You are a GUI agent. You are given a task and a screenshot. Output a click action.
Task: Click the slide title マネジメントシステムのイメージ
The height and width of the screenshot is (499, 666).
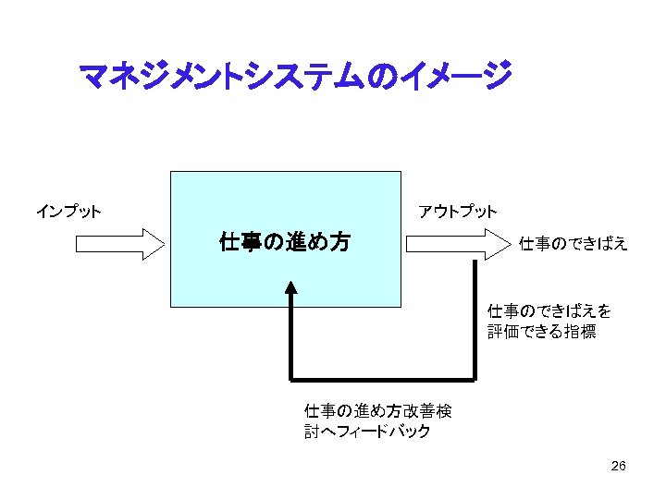pos(294,76)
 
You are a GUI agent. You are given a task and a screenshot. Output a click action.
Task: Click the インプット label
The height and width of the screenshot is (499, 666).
pos(68,212)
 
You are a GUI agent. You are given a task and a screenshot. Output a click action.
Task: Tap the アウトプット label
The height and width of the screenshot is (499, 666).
pos(457,212)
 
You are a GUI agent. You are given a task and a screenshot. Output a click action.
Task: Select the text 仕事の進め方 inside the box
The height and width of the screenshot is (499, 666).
pos(285,243)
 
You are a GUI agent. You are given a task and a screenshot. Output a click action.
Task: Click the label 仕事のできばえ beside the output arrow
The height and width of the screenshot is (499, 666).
pos(573,244)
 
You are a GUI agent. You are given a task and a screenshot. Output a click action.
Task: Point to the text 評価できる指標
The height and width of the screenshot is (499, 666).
pos(542,332)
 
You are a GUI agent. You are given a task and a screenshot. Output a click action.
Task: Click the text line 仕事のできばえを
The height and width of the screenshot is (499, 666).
pos(549,310)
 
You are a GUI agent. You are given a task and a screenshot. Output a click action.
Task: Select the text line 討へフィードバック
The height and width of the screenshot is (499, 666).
pos(367,432)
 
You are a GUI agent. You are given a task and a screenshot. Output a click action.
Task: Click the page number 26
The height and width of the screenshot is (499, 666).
pos(619,467)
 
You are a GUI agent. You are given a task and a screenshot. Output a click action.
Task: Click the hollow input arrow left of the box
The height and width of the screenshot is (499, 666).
pos(118,244)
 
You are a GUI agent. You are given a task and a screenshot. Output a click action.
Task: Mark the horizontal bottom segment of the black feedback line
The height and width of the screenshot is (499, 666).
pos(383,379)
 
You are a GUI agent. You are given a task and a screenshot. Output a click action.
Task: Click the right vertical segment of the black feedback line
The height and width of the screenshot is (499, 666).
pos(475,319)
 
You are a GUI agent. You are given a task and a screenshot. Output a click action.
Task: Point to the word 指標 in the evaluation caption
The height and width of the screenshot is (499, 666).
pos(580,332)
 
